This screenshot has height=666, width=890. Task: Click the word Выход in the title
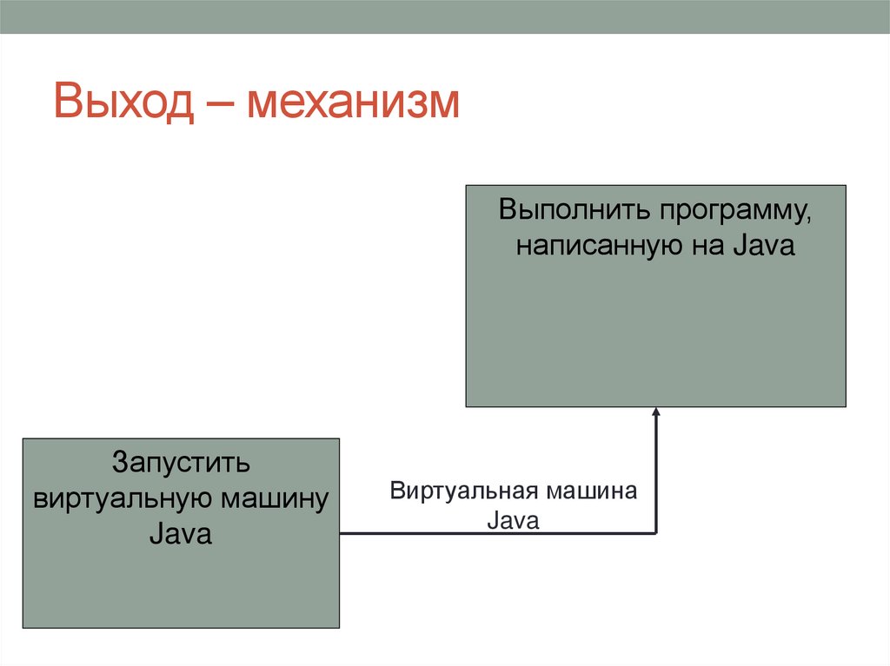pos(123,102)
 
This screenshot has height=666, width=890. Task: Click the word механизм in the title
pos(353,102)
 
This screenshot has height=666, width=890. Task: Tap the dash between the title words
pos(224,104)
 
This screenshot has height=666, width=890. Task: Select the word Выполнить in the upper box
pos(573,212)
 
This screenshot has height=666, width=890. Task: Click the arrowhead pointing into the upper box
pos(656,413)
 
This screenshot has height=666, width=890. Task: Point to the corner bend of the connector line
pos(656,532)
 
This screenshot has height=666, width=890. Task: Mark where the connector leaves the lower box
pos(341,533)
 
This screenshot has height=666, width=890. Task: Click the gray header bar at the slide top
pos(445,16)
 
